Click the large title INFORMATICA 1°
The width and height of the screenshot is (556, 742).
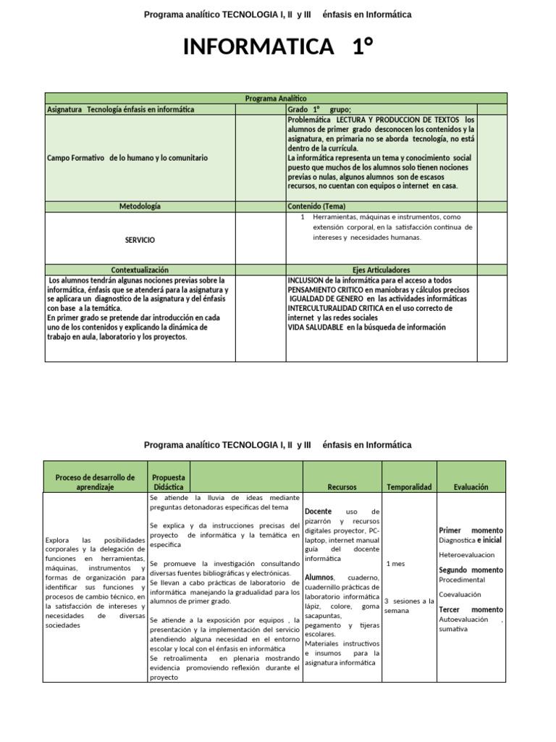(278, 48)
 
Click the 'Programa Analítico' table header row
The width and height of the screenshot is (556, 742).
(276, 98)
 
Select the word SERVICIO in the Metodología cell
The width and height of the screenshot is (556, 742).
(140, 240)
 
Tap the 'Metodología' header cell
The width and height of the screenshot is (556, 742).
(140, 207)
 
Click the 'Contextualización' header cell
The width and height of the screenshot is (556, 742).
(140, 270)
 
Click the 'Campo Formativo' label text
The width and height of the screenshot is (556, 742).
(76, 157)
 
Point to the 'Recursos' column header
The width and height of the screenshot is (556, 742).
(342, 488)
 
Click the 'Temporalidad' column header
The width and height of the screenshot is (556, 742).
(409, 488)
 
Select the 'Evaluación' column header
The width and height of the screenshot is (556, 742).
(471, 488)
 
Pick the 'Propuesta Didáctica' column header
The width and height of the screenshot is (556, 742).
(169, 483)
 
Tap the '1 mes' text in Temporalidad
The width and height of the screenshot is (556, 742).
(396, 564)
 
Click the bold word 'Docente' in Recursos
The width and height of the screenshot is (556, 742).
(319, 512)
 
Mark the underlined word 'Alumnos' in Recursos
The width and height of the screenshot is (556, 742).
(319, 578)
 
